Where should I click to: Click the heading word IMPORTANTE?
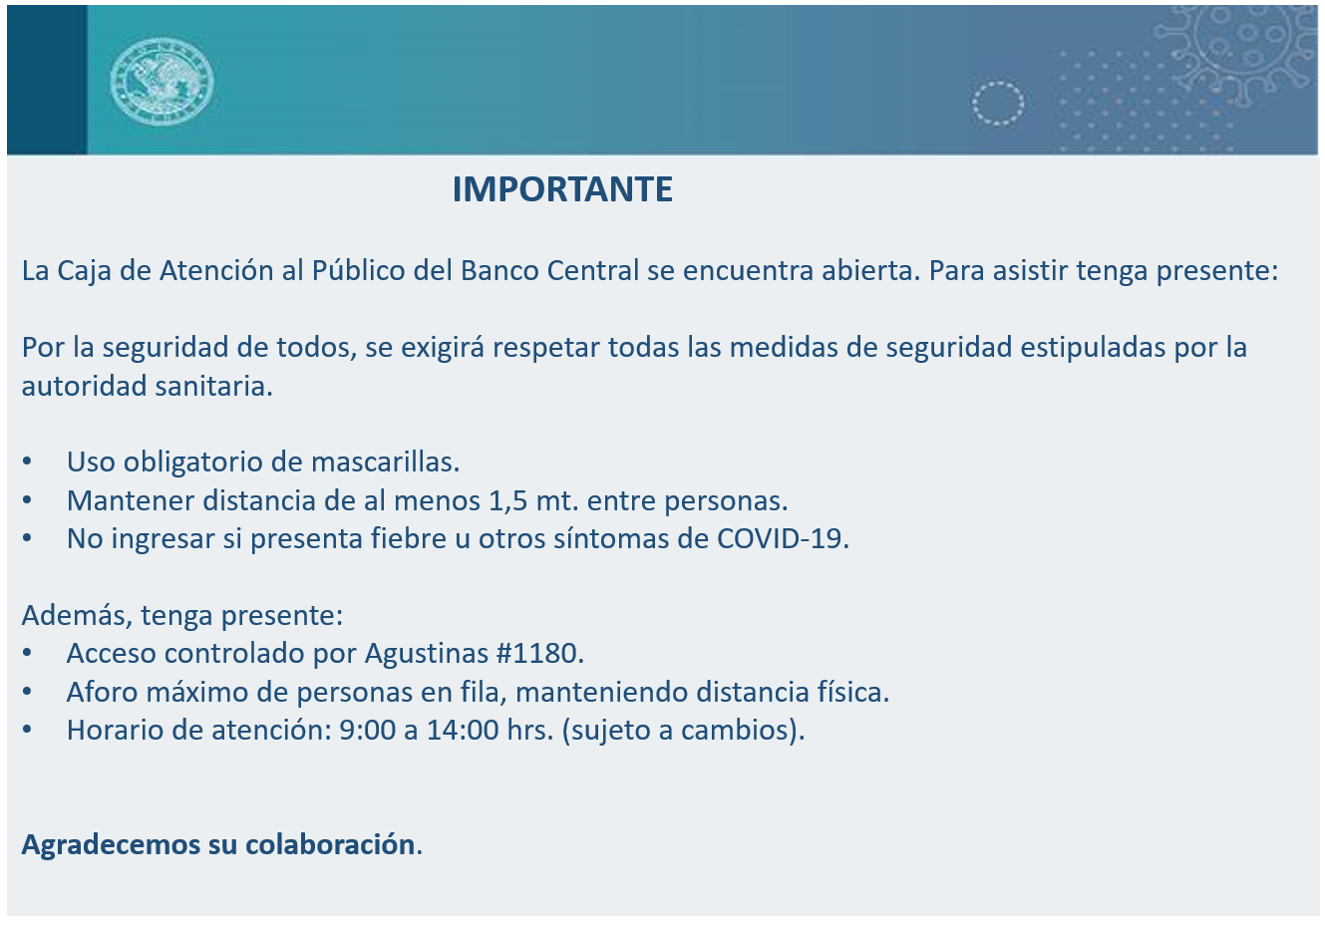(562, 189)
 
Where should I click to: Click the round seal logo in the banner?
(163, 82)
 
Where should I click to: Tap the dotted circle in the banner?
(997, 103)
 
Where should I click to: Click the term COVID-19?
(779, 539)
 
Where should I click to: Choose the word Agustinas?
(427, 655)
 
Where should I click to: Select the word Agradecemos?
(111, 845)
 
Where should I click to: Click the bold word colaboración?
(330, 844)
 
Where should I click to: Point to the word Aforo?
(102, 692)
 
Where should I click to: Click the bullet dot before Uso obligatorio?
(27, 462)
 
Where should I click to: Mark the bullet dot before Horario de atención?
(27, 731)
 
